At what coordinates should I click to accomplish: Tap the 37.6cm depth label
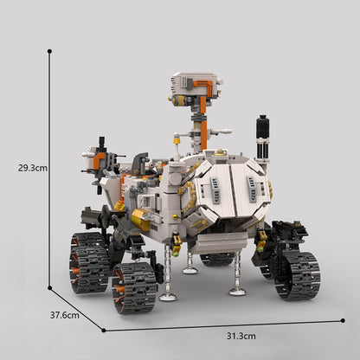point(63,315)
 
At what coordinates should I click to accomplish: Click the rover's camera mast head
point(194,87)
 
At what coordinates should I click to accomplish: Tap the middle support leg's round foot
point(190,269)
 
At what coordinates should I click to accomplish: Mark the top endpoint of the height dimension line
point(49,51)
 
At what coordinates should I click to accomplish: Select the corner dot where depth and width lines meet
point(104,330)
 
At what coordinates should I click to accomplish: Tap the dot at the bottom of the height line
point(49,288)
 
